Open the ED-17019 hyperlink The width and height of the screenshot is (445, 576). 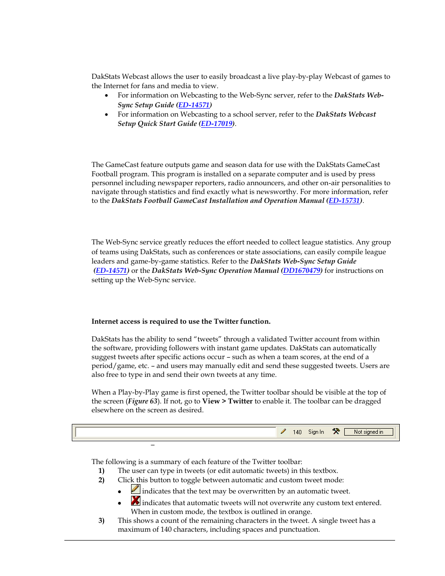point(216,124)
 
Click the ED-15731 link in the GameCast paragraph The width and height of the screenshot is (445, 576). point(344,201)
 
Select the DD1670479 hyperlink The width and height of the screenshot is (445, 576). point(302,271)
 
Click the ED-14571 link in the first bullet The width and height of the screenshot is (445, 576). point(194,105)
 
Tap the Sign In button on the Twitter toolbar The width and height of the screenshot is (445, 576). point(316,432)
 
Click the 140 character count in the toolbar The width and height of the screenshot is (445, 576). point(297,432)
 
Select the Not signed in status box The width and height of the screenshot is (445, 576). point(369,432)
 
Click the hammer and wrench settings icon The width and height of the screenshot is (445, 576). point(336,431)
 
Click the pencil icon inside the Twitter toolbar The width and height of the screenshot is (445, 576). point(283,431)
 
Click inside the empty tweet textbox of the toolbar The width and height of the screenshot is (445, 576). point(175,432)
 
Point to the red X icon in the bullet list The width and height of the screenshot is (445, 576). point(136,500)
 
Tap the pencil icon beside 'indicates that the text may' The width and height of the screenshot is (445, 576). point(136,489)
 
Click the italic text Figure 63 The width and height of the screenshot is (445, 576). point(143,401)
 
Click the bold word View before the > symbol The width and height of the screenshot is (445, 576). point(211,401)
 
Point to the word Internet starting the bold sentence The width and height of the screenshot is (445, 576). point(105,321)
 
